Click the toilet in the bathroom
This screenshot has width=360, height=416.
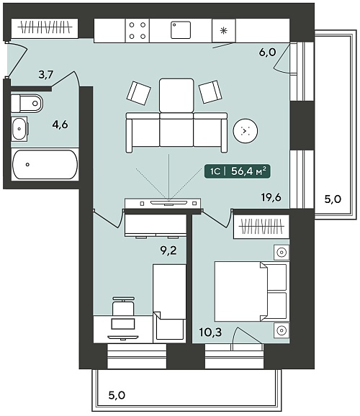(27, 103)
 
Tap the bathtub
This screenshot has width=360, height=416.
(45, 165)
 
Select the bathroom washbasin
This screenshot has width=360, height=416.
(19, 129)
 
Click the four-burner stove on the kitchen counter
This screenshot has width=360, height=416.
(138, 30)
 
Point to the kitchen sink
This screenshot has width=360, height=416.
(181, 30)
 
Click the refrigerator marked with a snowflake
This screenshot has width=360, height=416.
(224, 30)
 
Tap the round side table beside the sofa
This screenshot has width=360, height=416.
(246, 131)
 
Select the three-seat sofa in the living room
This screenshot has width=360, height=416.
(176, 132)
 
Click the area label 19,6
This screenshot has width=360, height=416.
(271, 197)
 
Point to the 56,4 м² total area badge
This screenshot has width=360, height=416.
(238, 171)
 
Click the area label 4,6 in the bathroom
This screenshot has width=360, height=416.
(60, 125)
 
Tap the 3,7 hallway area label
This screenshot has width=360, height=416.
(46, 75)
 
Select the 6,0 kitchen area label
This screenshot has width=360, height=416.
(268, 52)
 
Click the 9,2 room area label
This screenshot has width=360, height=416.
(168, 250)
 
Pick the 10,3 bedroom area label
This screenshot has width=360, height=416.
(210, 332)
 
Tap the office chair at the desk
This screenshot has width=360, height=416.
(123, 306)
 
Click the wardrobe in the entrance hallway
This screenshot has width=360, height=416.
(45, 27)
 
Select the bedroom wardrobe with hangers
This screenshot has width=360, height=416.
(261, 227)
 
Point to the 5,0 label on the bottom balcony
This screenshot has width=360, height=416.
(117, 395)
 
